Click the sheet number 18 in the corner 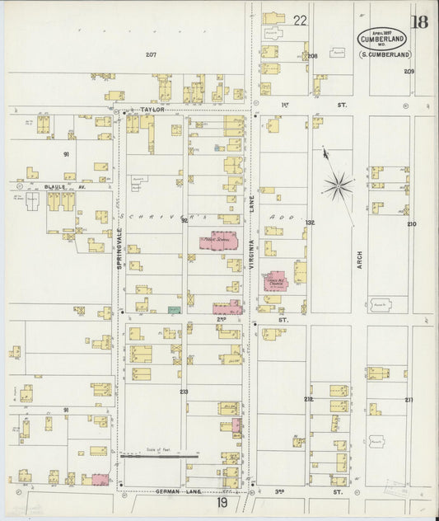[x=419, y=21]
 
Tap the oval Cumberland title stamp [x=382, y=39]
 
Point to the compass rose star [x=338, y=185]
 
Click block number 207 [x=151, y=54]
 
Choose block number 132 [x=310, y=223]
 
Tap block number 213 [x=183, y=392]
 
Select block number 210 [x=411, y=223]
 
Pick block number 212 [x=308, y=399]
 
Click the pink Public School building [x=219, y=242]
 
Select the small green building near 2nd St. [x=173, y=309]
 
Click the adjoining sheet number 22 [x=299, y=20]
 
